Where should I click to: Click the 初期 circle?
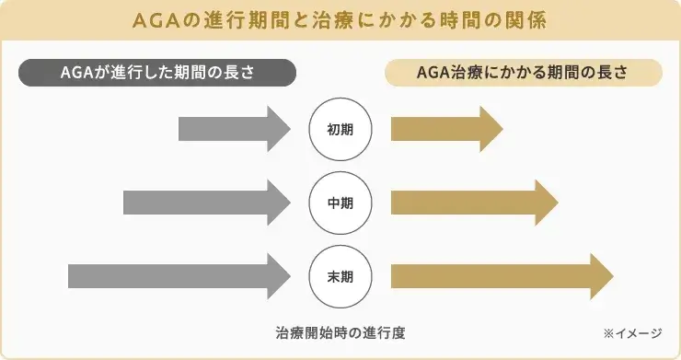point(340,129)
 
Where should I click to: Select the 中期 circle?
point(340,203)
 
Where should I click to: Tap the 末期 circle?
point(340,275)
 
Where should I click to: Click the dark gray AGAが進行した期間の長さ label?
point(157,73)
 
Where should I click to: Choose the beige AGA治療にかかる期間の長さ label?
point(523,73)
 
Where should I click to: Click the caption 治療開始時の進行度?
point(340,331)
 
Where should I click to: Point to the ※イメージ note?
point(636,331)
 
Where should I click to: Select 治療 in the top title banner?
point(347,19)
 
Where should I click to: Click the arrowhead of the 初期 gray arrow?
point(278,129)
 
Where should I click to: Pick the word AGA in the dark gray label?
point(76,73)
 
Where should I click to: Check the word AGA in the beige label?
point(433,73)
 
